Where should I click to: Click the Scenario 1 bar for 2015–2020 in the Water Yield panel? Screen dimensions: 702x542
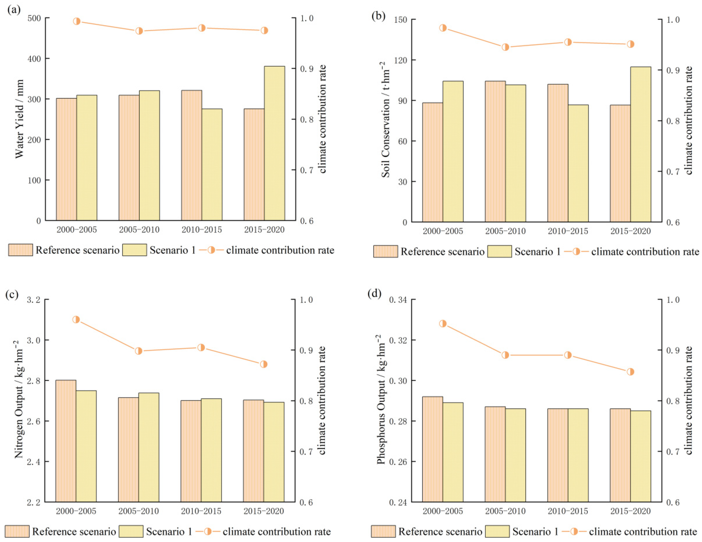275,143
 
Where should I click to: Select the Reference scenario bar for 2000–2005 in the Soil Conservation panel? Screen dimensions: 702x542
433,162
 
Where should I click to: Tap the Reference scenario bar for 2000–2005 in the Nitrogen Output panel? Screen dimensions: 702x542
66,441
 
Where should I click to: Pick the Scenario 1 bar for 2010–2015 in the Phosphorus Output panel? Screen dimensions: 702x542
578,455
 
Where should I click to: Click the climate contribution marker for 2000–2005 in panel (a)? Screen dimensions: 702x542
76,21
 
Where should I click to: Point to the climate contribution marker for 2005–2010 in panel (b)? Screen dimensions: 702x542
505,47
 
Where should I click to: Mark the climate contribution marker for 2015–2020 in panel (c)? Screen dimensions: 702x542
264,364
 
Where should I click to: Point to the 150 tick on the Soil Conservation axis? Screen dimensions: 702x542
400,20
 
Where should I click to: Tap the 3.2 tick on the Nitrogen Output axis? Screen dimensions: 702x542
33,300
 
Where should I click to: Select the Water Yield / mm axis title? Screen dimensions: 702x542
20,119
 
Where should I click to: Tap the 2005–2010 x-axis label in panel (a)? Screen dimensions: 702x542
139,230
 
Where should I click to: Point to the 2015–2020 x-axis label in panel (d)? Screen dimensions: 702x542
631,511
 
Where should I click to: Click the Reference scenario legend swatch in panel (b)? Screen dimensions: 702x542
385,251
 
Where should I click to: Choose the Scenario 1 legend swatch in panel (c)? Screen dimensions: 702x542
131,531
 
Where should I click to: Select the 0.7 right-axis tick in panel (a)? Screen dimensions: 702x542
307,170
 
